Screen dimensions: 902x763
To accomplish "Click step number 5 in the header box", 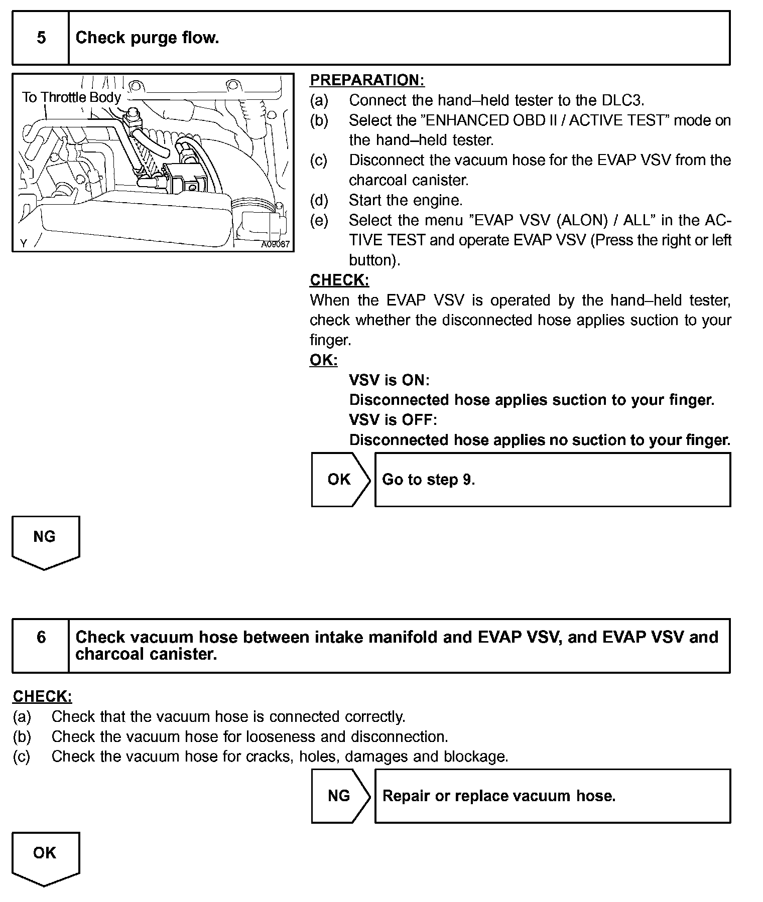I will click(x=41, y=38).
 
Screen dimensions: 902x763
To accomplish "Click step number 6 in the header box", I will click(x=41, y=637).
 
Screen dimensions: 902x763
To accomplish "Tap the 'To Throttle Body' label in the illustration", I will click(x=71, y=97).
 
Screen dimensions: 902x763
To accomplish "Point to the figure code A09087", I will click(x=275, y=244).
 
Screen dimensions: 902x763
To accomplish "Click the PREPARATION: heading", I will click(x=367, y=80).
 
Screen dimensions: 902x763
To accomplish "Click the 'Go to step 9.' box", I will click(x=552, y=480).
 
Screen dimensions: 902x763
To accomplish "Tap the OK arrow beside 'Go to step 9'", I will click(x=340, y=480).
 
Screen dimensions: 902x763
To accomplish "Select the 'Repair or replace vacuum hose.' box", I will click(x=552, y=796).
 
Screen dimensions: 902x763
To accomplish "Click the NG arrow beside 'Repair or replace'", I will click(x=340, y=796).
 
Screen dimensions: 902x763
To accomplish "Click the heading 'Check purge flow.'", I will click(x=147, y=38).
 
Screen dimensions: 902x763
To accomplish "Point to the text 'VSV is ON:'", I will click(x=389, y=380).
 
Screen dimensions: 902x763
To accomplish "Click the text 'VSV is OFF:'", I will click(x=393, y=420).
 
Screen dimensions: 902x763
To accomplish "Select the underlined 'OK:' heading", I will click(x=323, y=360).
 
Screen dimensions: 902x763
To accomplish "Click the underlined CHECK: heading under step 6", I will click(x=42, y=696).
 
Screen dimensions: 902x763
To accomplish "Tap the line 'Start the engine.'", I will click(x=405, y=200).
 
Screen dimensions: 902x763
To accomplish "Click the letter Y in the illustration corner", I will click(x=23, y=244).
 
